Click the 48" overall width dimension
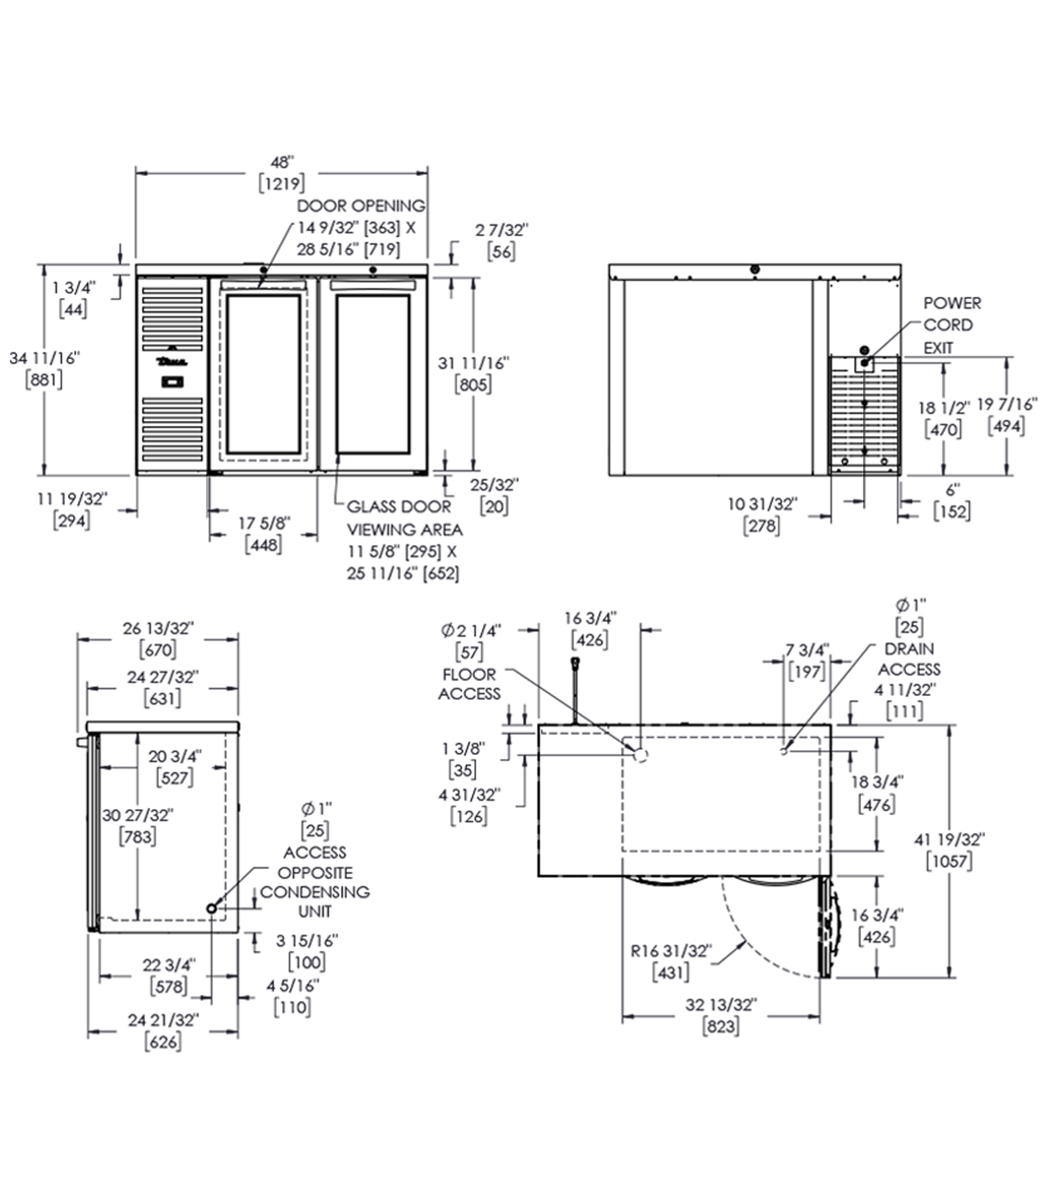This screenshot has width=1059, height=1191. tap(281, 162)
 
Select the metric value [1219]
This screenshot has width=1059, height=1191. tap(281, 183)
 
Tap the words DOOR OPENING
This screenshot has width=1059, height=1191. tap(361, 206)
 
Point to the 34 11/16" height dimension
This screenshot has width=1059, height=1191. tap(44, 358)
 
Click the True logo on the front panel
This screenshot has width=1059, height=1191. tap(172, 361)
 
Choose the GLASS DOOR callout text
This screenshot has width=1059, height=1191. tap(398, 507)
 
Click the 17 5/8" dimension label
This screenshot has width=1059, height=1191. tap(264, 523)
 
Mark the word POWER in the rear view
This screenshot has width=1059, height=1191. tap(952, 303)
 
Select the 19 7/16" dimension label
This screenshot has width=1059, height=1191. tap(1007, 404)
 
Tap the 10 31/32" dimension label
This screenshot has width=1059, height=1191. tap(762, 504)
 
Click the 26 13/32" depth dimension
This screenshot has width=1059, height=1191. tap(158, 628)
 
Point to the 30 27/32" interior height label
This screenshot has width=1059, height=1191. tap(138, 815)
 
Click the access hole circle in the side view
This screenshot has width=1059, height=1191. tap(212, 908)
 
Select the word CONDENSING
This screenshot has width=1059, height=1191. tap(315, 892)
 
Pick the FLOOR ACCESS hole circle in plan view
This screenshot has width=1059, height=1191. tap(641, 754)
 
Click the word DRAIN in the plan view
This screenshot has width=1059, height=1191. tap(909, 649)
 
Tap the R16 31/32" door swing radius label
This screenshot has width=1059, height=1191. tap(670, 951)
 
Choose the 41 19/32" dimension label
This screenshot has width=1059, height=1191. tap(949, 840)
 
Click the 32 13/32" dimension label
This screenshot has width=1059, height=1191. tap(721, 1005)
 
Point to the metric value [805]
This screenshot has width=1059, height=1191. tap(473, 384)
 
